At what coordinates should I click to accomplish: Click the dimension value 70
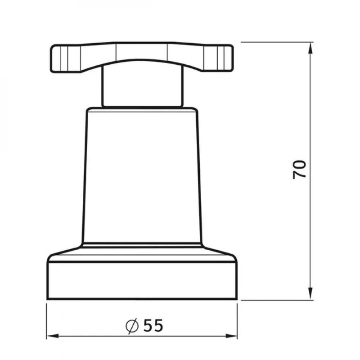[x=299, y=170]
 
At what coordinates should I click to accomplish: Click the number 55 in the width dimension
[x=153, y=325]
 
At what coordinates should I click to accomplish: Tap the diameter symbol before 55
[x=132, y=325]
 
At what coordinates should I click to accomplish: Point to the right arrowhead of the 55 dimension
[x=231, y=336]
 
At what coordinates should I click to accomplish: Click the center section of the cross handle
[x=142, y=51]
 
